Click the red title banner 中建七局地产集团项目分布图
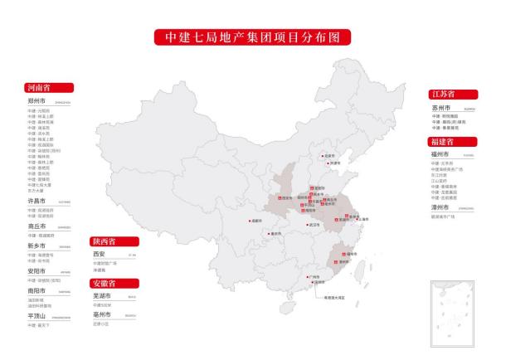[x=252, y=37]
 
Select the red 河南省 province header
[x=49, y=87]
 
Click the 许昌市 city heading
[x=36, y=201]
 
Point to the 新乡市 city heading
[x=36, y=246]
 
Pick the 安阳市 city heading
[x=36, y=270]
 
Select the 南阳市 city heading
[x=36, y=292]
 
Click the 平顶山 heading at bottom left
[x=36, y=316]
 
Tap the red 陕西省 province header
[x=114, y=241]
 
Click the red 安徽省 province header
[x=114, y=284]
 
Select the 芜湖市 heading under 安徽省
[x=102, y=296]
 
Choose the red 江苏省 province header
[x=453, y=95]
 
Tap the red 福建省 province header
[x=453, y=142]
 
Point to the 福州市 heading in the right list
[x=440, y=154]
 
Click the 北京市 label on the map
[x=329, y=155]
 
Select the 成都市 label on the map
[x=256, y=221]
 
